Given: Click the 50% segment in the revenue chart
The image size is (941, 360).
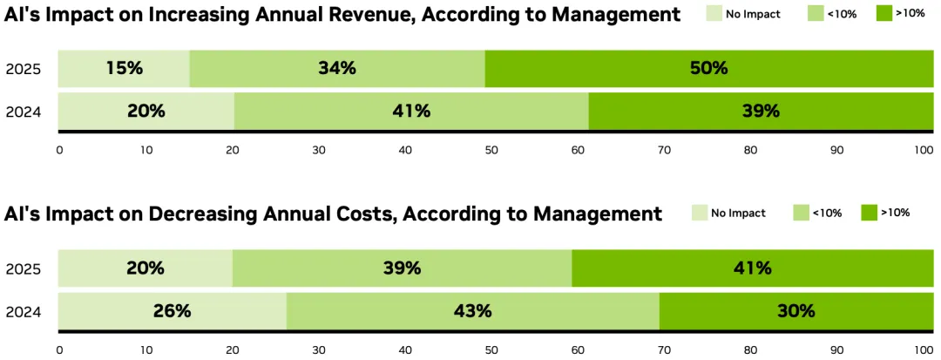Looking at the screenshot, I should [x=708, y=68].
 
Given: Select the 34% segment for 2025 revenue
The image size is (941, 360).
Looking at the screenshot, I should [x=337, y=68].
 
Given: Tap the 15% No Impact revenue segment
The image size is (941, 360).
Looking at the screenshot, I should [x=124, y=68].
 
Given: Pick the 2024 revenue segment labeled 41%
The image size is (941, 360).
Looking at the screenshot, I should [x=411, y=111].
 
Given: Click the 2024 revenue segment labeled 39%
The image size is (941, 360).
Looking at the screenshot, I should [x=759, y=111].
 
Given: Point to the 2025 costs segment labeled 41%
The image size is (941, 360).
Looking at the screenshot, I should [x=752, y=268].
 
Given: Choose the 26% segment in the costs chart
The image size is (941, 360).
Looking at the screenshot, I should [x=172, y=310].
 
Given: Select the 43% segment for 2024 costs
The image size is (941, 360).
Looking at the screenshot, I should [x=472, y=310].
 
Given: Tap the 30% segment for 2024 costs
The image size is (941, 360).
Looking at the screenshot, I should [x=795, y=310].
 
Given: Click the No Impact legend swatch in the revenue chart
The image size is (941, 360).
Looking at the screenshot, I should [x=714, y=14].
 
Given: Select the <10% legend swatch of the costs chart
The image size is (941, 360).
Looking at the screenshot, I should [x=801, y=213].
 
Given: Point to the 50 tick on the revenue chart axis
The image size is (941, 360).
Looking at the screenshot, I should [x=491, y=150].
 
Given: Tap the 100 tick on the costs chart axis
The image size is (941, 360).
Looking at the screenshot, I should [x=924, y=350].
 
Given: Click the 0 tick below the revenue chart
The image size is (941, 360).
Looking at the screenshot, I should [x=59, y=150].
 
